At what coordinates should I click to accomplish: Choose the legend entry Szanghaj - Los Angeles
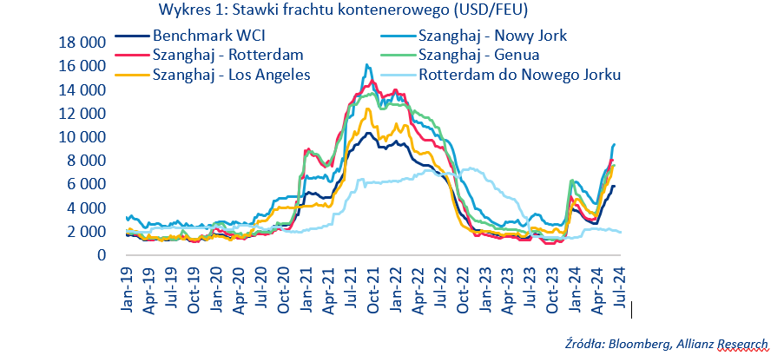pos(231,74)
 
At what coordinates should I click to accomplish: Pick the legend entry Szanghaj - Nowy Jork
pos(492,37)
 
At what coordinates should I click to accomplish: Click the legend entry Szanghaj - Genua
pos(478,56)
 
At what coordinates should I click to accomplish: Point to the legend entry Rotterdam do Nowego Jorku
pos(519,74)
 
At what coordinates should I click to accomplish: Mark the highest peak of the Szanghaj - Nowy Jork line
pos(366,64)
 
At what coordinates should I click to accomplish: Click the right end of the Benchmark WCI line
pos(615,186)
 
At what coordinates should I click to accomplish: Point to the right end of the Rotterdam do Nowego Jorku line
pos(621,232)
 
